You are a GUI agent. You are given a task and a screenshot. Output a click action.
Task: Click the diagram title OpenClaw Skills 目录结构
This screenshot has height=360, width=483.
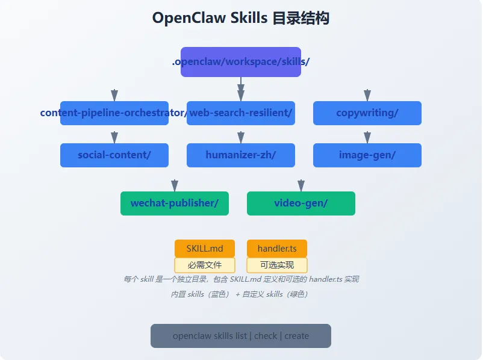pos(241,18)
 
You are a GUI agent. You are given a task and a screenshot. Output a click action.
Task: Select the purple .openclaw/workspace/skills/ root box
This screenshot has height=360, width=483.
pos(241,62)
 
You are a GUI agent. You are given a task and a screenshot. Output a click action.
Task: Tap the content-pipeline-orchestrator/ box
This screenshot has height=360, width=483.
pos(114,113)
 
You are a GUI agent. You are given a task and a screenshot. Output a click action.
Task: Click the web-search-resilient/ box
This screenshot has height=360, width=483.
pos(241,113)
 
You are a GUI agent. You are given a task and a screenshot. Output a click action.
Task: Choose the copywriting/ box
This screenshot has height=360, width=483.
pos(367,113)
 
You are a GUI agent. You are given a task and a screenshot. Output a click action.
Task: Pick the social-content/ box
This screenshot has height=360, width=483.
pos(114,155)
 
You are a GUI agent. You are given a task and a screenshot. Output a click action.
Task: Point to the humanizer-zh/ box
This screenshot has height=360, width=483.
pos(241,155)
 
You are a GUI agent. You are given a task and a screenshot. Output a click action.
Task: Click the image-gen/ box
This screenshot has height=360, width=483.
pos(367,155)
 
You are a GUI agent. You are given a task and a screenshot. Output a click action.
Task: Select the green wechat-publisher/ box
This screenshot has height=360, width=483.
pos(175,203)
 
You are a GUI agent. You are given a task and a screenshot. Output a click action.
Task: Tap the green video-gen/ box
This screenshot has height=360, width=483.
pos(301,203)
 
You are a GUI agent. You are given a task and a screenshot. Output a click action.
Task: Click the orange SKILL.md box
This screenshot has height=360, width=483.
pos(205,249)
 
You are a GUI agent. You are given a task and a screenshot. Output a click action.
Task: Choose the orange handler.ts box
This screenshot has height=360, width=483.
pos(277,249)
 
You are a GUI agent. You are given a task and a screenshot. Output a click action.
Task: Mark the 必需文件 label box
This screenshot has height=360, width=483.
pos(205,265)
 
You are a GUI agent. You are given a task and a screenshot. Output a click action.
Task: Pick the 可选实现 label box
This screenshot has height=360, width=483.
pos(277,265)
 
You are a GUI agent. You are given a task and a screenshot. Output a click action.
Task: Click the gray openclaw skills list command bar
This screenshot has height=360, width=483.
pos(241,336)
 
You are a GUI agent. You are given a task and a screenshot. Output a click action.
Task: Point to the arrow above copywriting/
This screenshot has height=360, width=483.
pos(367,95)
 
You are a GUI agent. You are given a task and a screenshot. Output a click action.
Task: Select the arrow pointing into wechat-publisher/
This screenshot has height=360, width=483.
pos(175,185)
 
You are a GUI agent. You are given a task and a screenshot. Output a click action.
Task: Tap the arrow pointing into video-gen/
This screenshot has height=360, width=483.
pos(301,185)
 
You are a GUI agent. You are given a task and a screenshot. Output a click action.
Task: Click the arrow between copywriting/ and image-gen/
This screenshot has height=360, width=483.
pos(367,137)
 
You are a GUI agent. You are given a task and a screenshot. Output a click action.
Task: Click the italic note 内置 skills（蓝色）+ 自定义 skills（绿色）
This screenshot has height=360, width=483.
pos(240,294)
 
